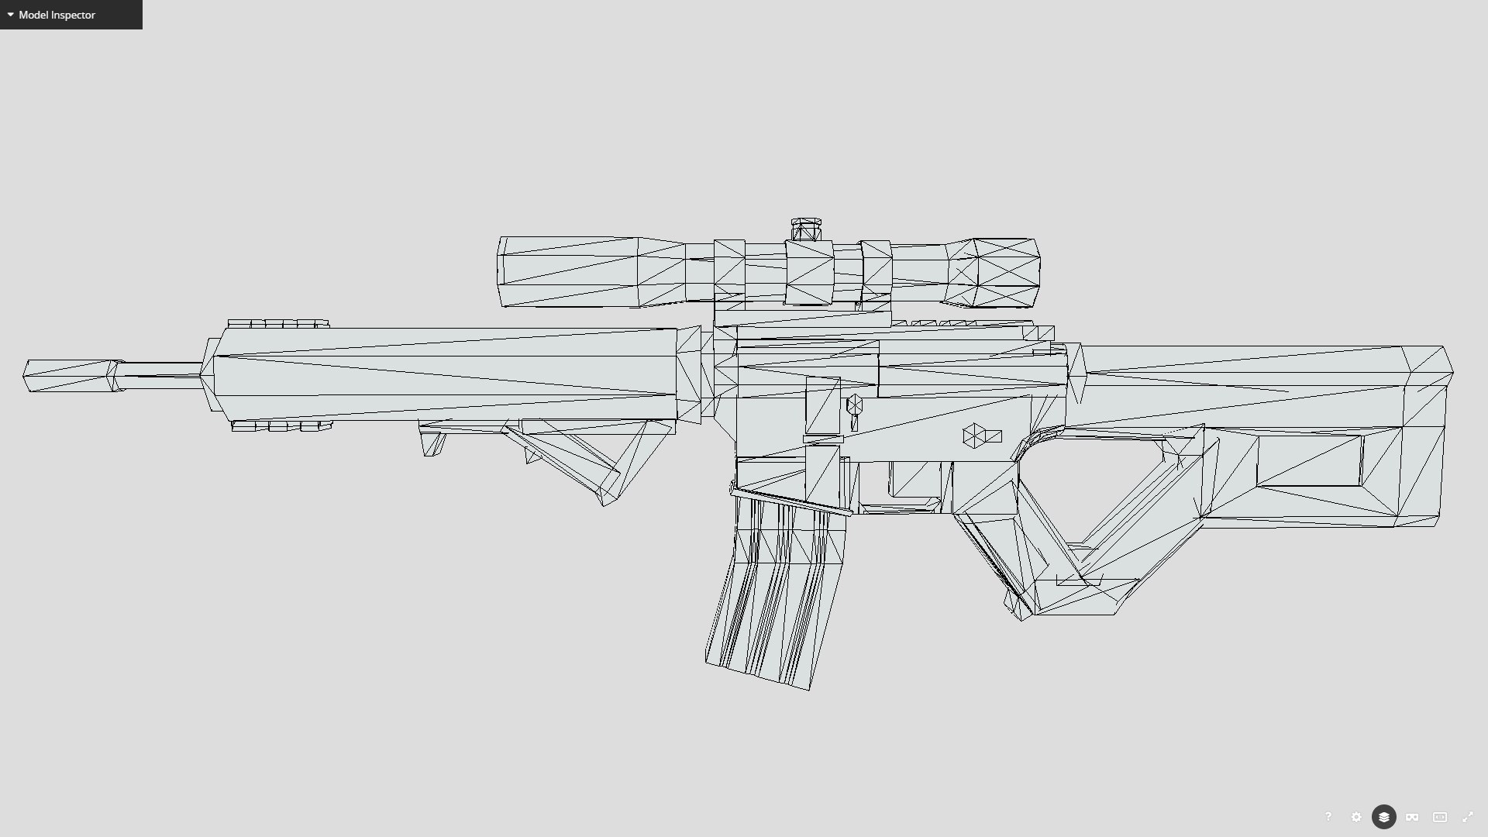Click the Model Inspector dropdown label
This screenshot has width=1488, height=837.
(x=56, y=15)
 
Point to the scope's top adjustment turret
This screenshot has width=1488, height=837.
(x=806, y=230)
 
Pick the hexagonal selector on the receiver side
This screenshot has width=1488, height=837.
(x=973, y=436)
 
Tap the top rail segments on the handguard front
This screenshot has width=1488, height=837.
(x=277, y=323)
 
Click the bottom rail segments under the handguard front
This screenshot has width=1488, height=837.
(x=281, y=426)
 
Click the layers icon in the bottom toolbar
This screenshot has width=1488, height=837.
(x=1384, y=817)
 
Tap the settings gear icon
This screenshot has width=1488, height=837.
(x=1356, y=817)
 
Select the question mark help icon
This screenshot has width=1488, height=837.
(x=1328, y=817)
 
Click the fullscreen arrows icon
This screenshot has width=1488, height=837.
(x=1468, y=817)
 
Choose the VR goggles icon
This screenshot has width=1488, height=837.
(x=1412, y=817)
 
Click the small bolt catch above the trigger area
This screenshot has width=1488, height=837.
(x=854, y=405)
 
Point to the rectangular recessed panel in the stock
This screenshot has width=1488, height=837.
(x=1309, y=461)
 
